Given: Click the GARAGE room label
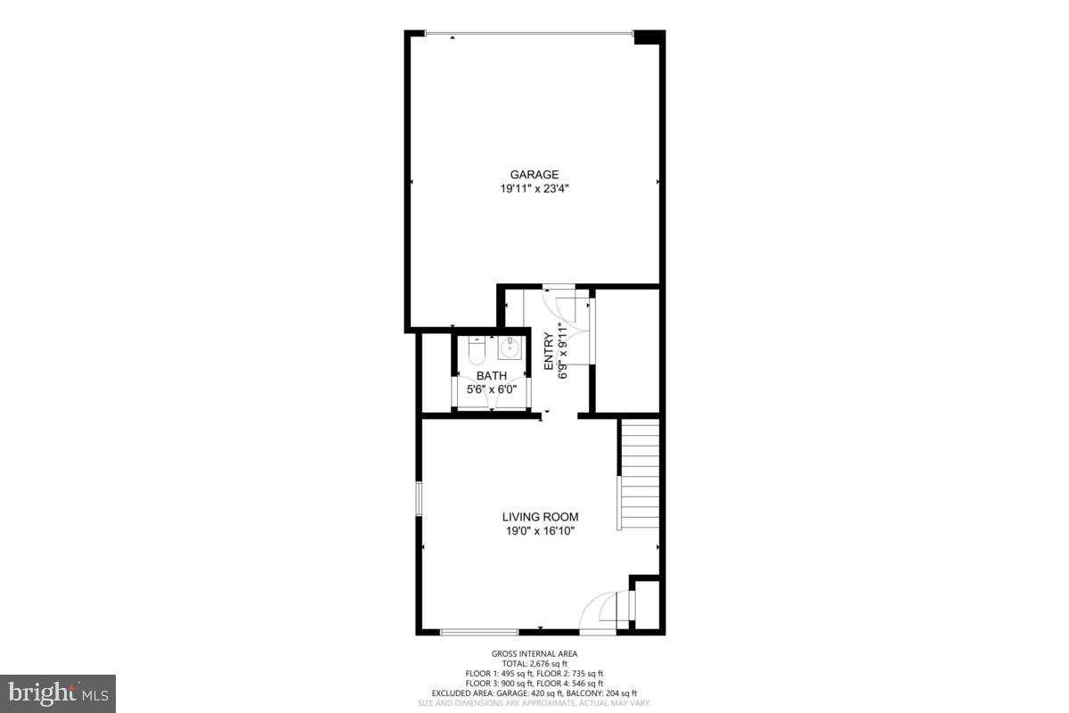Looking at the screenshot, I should click(534, 175).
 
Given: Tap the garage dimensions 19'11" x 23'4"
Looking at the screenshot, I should click(534, 189).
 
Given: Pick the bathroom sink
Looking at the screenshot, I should click(510, 347).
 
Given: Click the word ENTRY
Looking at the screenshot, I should click(550, 351).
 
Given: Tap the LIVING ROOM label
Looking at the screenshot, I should click(540, 517).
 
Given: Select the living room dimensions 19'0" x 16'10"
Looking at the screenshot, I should click(540, 531).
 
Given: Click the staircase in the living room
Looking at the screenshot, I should click(640, 475).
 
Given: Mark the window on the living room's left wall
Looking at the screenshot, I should click(419, 499).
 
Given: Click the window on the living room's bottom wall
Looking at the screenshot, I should click(467, 632).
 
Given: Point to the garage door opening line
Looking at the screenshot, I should click(528, 34).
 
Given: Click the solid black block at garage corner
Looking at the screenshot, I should click(648, 36).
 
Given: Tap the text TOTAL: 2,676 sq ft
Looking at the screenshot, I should click(534, 664).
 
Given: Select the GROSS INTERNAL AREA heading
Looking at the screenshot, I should click(534, 654).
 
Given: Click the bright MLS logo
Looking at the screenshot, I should click(58, 692).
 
